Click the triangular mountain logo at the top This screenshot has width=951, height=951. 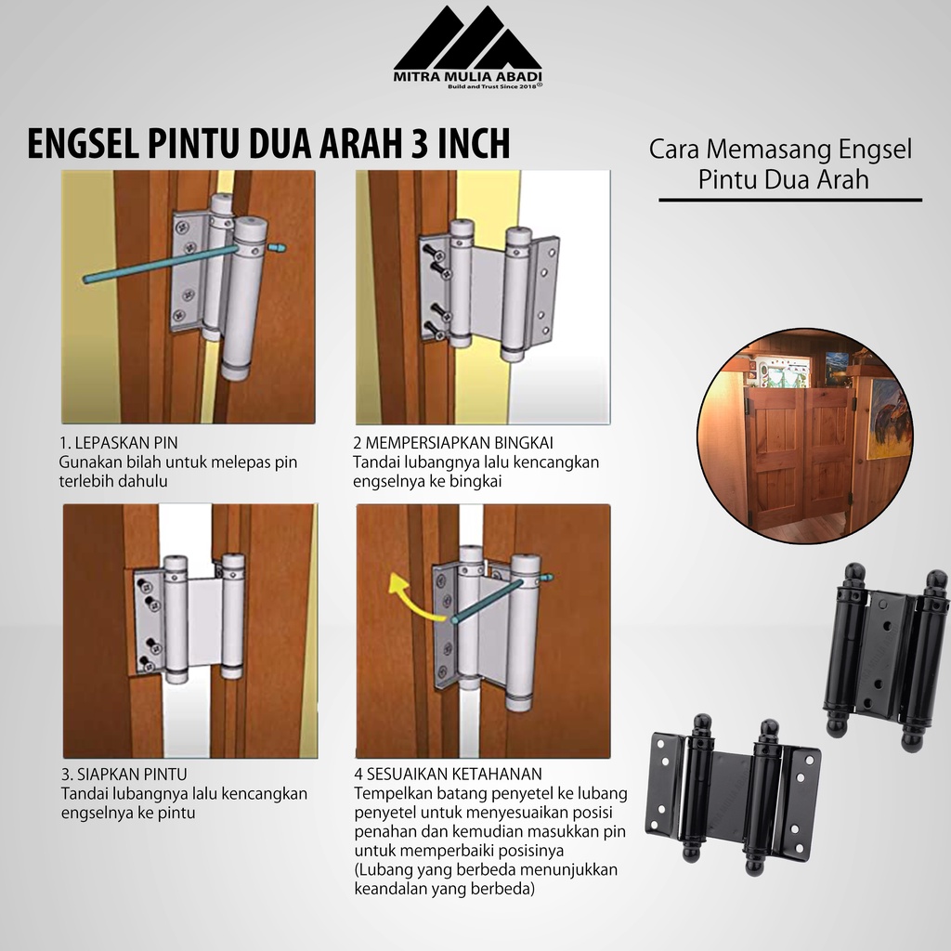coord(467,39)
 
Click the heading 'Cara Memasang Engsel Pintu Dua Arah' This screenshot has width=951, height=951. coord(780,164)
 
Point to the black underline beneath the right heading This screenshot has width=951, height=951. coord(790,200)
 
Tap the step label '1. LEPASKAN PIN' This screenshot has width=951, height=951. coord(118,443)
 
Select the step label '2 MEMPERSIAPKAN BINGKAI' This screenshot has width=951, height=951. coord(453,443)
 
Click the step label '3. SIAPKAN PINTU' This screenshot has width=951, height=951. coord(124,775)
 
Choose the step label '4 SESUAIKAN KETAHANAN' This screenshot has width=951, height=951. coord(449,775)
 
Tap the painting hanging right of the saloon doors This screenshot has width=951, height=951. coord(887,419)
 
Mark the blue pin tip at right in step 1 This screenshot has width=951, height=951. coord(278,247)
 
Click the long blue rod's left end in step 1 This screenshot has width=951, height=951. coord(86,279)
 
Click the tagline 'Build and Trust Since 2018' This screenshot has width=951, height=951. coord(493,86)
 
